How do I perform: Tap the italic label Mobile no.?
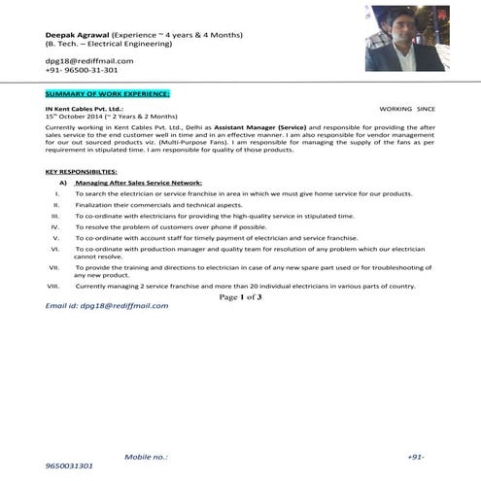click(146, 456)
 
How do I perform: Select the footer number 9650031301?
click(69, 466)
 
